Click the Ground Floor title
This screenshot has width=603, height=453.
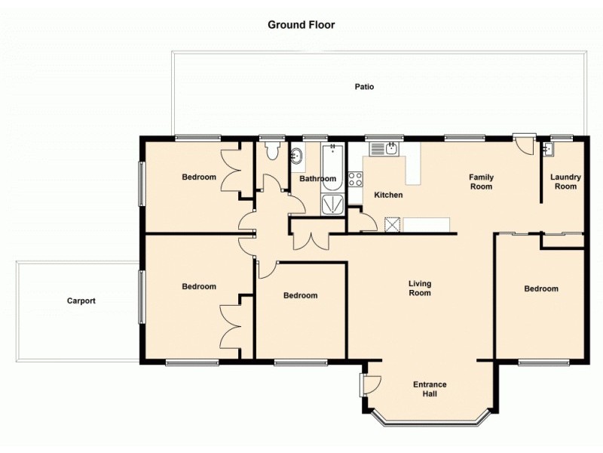tap(301, 25)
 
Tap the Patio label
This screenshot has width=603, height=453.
tap(365, 87)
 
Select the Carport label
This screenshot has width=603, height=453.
tap(81, 300)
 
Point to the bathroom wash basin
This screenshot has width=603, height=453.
tap(298, 157)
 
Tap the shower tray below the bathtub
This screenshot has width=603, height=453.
tap(332, 204)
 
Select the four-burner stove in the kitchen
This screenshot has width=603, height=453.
tap(355, 180)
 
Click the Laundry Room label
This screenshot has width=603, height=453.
tap(565, 182)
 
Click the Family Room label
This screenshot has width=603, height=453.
tap(481, 182)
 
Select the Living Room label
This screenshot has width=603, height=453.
tap(420, 288)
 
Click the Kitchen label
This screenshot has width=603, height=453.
tap(389, 195)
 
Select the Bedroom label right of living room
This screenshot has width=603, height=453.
tap(541, 288)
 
